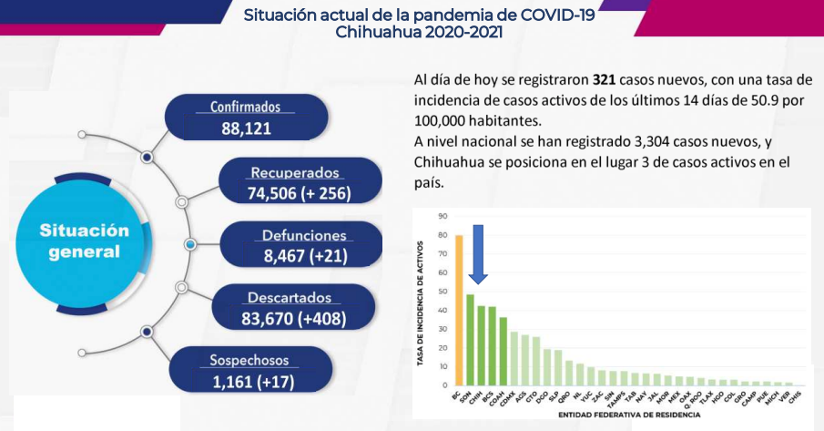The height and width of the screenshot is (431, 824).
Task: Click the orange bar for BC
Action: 459,310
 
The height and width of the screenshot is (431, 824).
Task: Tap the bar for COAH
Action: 503,351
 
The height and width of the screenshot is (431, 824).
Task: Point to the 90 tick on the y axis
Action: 442,216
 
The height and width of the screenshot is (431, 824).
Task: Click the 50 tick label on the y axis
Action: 442,292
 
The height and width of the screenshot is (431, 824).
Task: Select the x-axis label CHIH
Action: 478,397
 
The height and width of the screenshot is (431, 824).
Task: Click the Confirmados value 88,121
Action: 246,128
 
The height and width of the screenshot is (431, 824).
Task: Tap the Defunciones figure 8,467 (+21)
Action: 305,256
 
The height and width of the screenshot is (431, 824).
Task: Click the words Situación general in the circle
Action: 85,240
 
